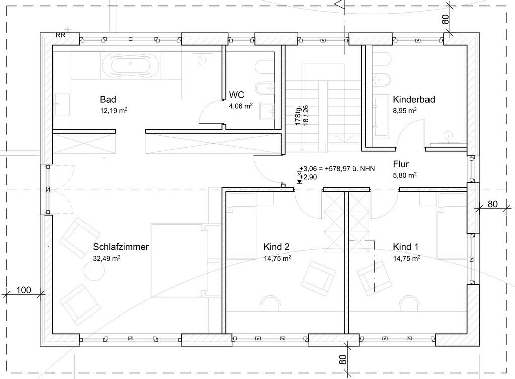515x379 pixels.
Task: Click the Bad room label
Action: [108, 99]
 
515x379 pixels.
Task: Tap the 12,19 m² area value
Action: [114, 110]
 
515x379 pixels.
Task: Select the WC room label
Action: [237, 95]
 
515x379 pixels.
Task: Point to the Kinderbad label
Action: [414, 99]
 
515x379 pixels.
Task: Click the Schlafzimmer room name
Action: [121, 247]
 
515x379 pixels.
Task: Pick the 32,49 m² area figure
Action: [107, 258]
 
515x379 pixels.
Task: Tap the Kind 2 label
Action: [276, 247]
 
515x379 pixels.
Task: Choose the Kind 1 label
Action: [406, 247]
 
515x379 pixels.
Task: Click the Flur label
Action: [401, 164]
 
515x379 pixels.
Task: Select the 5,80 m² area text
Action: [405, 175]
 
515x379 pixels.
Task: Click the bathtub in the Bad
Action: [131, 66]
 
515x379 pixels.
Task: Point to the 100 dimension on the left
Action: [24, 290]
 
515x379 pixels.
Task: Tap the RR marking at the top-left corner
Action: [61, 35]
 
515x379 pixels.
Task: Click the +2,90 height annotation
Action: [308, 177]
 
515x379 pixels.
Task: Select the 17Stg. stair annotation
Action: [298, 116]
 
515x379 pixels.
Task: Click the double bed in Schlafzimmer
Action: [186, 261]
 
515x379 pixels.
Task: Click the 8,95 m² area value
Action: [405, 110]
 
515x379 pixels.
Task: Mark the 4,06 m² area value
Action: [241, 106]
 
